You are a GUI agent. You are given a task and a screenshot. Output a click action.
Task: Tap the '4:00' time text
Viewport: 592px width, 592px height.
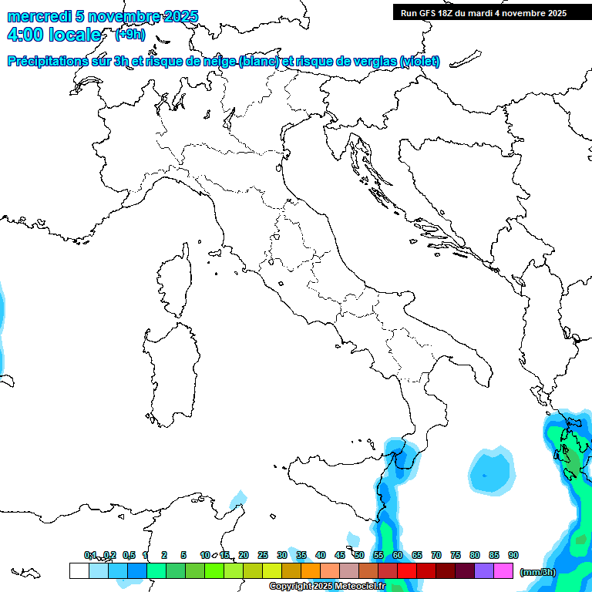25,35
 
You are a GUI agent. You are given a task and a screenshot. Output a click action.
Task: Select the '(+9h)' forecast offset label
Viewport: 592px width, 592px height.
129,34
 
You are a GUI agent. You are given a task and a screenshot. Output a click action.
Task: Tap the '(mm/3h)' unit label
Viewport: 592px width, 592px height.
537,571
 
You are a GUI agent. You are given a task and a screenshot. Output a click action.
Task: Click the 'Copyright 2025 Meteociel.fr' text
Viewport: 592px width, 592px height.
327,587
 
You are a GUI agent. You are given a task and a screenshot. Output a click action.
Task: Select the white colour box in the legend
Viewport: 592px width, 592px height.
79,570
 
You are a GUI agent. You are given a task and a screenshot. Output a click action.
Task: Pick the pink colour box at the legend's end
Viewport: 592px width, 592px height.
503,570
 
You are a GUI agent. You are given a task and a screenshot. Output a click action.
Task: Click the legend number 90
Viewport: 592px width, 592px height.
513,555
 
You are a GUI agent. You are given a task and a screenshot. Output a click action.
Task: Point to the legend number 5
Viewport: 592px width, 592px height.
183,555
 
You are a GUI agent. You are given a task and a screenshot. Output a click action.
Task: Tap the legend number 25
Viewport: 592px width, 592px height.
263,555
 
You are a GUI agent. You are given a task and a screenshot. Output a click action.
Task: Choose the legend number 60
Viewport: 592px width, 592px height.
398,555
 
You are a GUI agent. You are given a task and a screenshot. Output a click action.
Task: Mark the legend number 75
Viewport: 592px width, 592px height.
456,555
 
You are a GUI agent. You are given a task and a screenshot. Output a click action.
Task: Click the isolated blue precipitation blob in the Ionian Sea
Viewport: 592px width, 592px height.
489,471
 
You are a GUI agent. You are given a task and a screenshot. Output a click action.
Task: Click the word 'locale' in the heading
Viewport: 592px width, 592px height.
74,35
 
